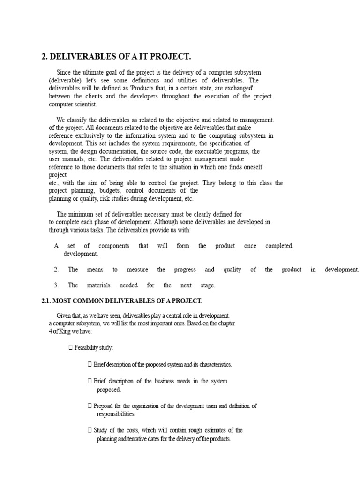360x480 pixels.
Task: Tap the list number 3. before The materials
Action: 56,285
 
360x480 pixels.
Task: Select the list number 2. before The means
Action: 56,270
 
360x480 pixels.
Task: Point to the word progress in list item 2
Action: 185,270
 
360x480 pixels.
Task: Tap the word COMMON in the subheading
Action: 85,300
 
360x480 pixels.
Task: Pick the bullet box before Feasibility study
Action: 70,347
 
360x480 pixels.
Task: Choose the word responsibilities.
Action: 116,414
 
